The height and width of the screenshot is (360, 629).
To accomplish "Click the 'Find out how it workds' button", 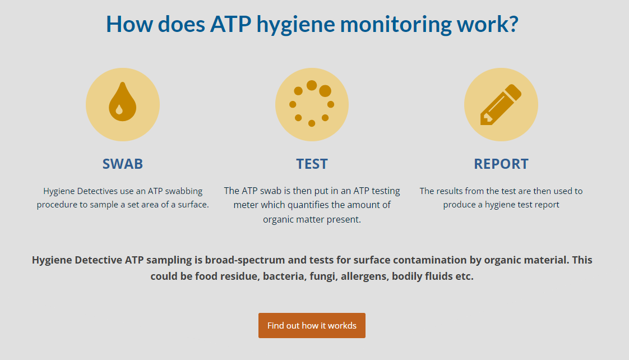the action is click(x=312, y=325).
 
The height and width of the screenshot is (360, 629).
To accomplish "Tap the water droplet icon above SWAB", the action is click(x=122, y=102).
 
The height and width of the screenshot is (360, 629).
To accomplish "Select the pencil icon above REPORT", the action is click(x=501, y=105).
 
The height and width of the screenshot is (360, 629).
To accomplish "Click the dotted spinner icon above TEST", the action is click(x=312, y=104).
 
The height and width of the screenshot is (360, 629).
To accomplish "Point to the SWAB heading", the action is click(x=123, y=164).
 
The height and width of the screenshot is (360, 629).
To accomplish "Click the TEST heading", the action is click(x=312, y=164).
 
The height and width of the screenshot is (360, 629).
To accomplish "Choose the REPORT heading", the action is click(x=501, y=164).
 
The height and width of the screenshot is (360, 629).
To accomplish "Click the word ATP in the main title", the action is click(x=230, y=24).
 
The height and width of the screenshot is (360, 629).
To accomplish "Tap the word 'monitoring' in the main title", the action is click(x=395, y=25).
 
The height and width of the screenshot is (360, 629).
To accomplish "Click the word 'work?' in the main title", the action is click(x=487, y=24).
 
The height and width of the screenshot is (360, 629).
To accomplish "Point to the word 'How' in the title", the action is click(x=129, y=24).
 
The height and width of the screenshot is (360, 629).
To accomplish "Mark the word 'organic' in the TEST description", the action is click(x=278, y=220).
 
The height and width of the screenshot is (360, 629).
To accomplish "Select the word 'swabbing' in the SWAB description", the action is click(x=184, y=191).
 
